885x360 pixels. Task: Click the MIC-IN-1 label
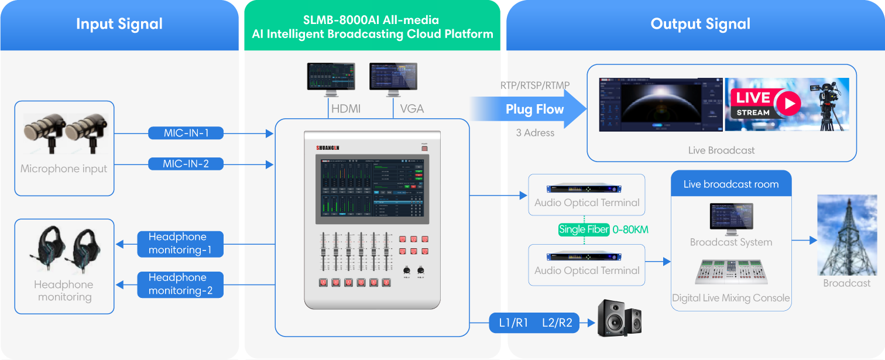point(186,133)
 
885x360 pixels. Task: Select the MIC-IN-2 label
point(186,164)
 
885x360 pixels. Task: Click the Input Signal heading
point(119,24)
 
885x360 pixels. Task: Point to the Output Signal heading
point(700,24)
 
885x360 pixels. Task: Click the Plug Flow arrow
point(530,109)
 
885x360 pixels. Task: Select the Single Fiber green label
point(584,229)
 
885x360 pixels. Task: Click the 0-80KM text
point(630,229)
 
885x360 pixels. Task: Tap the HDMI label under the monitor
point(346,109)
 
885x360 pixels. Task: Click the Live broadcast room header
point(731,184)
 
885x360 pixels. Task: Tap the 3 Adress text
point(535,133)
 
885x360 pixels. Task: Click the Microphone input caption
point(64,169)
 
